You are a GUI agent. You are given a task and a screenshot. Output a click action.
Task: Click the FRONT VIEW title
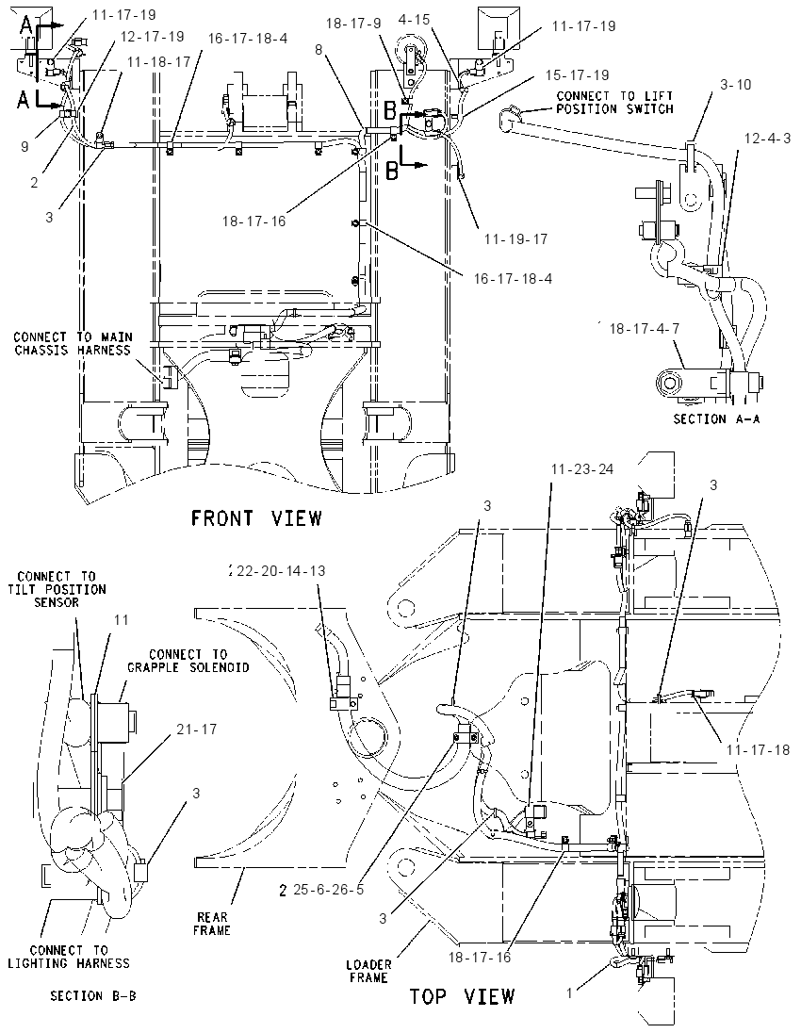(x=256, y=518)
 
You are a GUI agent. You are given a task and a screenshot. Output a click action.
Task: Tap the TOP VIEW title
(x=462, y=996)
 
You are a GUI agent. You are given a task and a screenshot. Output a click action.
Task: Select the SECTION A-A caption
(x=716, y=418)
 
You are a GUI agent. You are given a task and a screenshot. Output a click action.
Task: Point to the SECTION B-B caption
(x=93, y=995)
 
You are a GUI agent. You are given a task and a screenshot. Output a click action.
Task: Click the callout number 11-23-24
(x=582, y=469)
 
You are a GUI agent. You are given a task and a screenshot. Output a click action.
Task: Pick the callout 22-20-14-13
(x=281, y=570)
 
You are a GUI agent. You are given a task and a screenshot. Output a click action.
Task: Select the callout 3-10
(x=735, y=84)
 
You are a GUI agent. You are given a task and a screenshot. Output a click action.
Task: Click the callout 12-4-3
(x=767, y=139)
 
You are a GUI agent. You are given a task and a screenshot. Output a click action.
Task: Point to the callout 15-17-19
(x=577, y=75)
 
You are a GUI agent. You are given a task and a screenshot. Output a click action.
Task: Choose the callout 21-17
(x=196, y=730)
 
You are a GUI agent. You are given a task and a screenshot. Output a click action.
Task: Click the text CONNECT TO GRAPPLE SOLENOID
(x=188, y=661)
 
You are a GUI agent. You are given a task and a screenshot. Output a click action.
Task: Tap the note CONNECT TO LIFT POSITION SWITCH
(x=614, y=103)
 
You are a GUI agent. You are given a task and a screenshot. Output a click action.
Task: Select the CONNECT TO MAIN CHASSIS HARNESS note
(x=73, y=344)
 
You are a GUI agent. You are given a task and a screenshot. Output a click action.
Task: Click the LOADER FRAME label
(x=368, y=972)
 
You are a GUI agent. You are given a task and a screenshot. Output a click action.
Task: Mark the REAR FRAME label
(x=212, y=924)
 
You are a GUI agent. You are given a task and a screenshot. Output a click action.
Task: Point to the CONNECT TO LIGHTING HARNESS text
(x=69, y=957)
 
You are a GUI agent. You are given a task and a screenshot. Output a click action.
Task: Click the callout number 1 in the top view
(x=570, y=992)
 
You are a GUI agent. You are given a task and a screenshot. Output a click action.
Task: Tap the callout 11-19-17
(x=515, y=239)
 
